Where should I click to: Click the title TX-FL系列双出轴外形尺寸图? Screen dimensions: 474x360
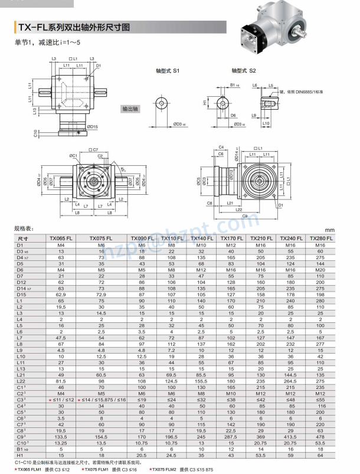pos(74,27)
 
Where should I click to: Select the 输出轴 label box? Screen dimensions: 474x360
pos(130,109)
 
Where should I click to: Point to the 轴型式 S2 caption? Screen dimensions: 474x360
pos(243,71)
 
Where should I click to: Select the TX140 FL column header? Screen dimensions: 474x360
pos(202,238)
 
